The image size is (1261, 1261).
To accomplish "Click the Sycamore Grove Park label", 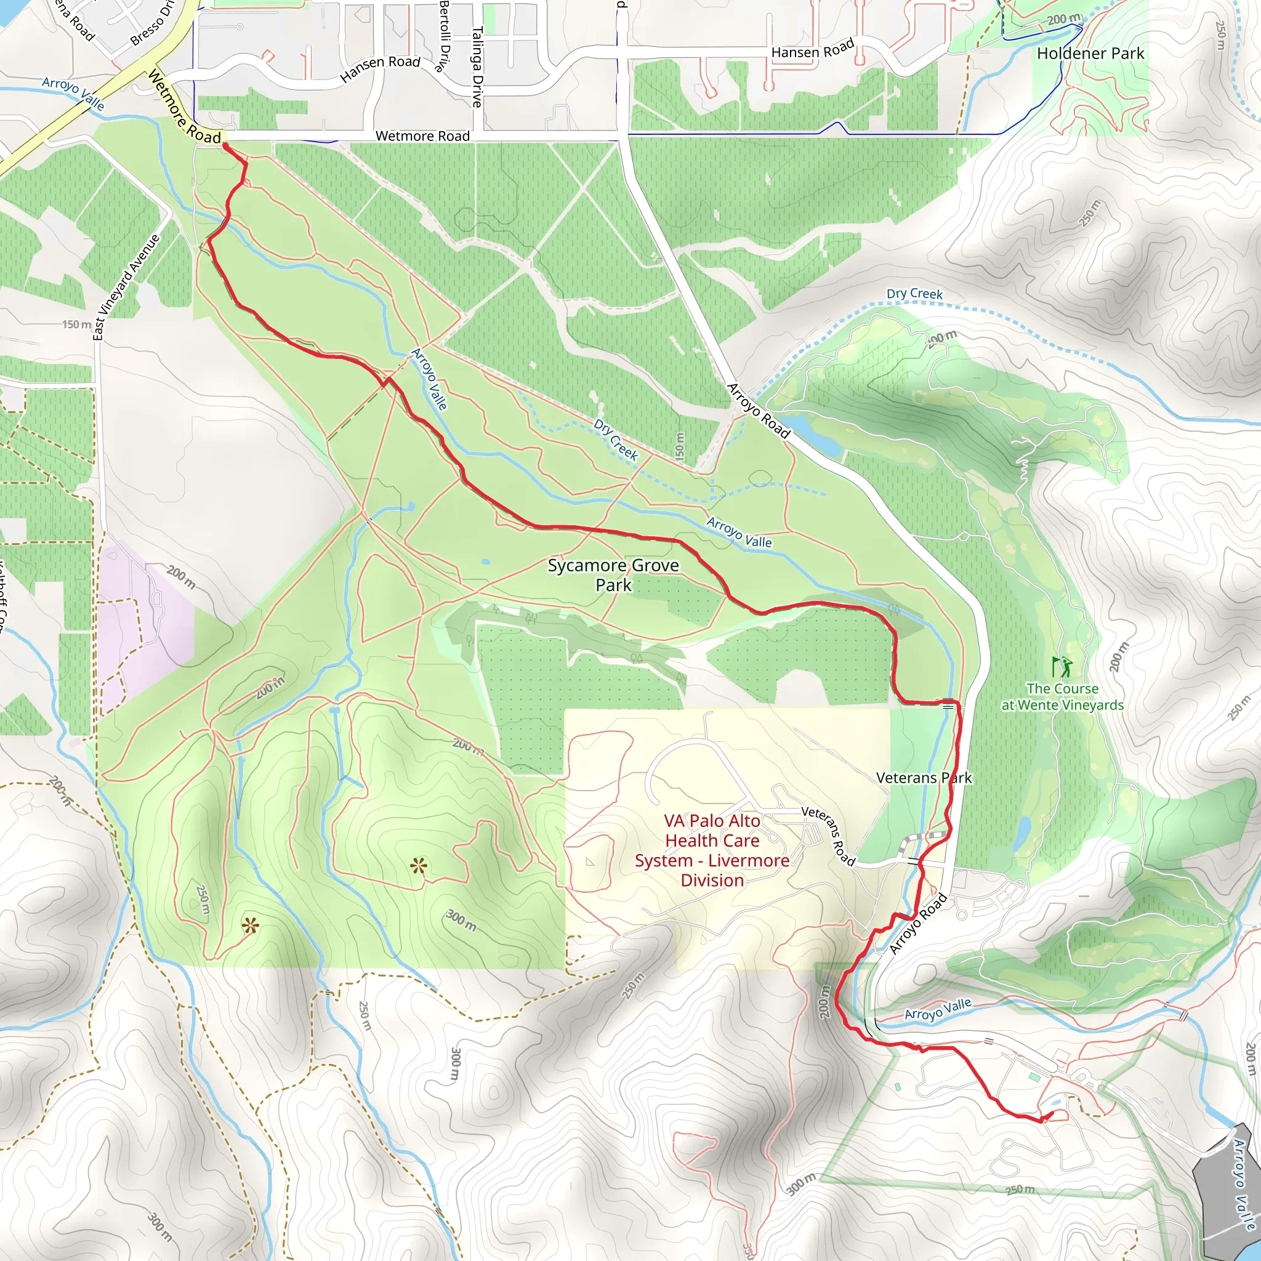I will point(613,575).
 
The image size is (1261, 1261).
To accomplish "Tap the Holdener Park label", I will point(1090,54).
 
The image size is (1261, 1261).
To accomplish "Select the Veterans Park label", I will point(924,778).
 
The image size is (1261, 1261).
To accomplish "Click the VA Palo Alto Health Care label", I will point(712,850).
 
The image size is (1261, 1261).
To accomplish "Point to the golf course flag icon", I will point(1062,666).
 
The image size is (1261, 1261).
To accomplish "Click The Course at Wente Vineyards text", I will point(1062,697).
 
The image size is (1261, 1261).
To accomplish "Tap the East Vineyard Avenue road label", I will point(126,287).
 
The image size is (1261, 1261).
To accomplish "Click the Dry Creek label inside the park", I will point(615,440).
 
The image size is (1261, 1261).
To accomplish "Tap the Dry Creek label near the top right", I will point(914,294).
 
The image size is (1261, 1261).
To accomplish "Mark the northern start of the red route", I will point(225,145).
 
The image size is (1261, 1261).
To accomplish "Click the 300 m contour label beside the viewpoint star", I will point(461,921).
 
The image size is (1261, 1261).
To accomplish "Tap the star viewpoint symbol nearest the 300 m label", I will point(418,867).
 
